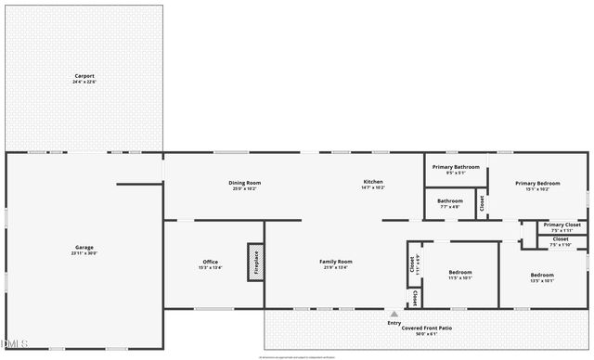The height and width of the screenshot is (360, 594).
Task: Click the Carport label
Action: click(84, 76)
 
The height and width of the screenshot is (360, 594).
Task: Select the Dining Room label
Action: click(245, 183)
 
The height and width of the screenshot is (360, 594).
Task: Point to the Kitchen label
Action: click(373, 182)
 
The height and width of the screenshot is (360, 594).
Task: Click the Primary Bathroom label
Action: click(456, 168)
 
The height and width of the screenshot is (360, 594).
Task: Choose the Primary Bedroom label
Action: click(538, 184)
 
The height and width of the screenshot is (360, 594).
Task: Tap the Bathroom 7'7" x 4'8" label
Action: click(450, 201)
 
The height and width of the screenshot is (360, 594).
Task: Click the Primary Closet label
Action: click(562, 225)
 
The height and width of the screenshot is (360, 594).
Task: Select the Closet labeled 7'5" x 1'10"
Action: click(561, 239)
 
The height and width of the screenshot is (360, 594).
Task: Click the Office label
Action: click(211, 263)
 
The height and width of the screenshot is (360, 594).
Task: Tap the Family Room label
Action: click(336, 263)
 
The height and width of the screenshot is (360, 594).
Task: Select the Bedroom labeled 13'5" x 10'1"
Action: click(542, 276)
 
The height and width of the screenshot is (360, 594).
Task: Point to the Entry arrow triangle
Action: click(394, 314)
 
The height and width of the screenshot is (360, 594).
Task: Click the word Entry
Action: click(394, 323)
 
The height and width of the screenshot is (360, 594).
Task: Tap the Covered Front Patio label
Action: click(427, 328)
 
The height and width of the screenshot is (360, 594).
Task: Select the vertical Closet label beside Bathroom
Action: click(482, 203)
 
